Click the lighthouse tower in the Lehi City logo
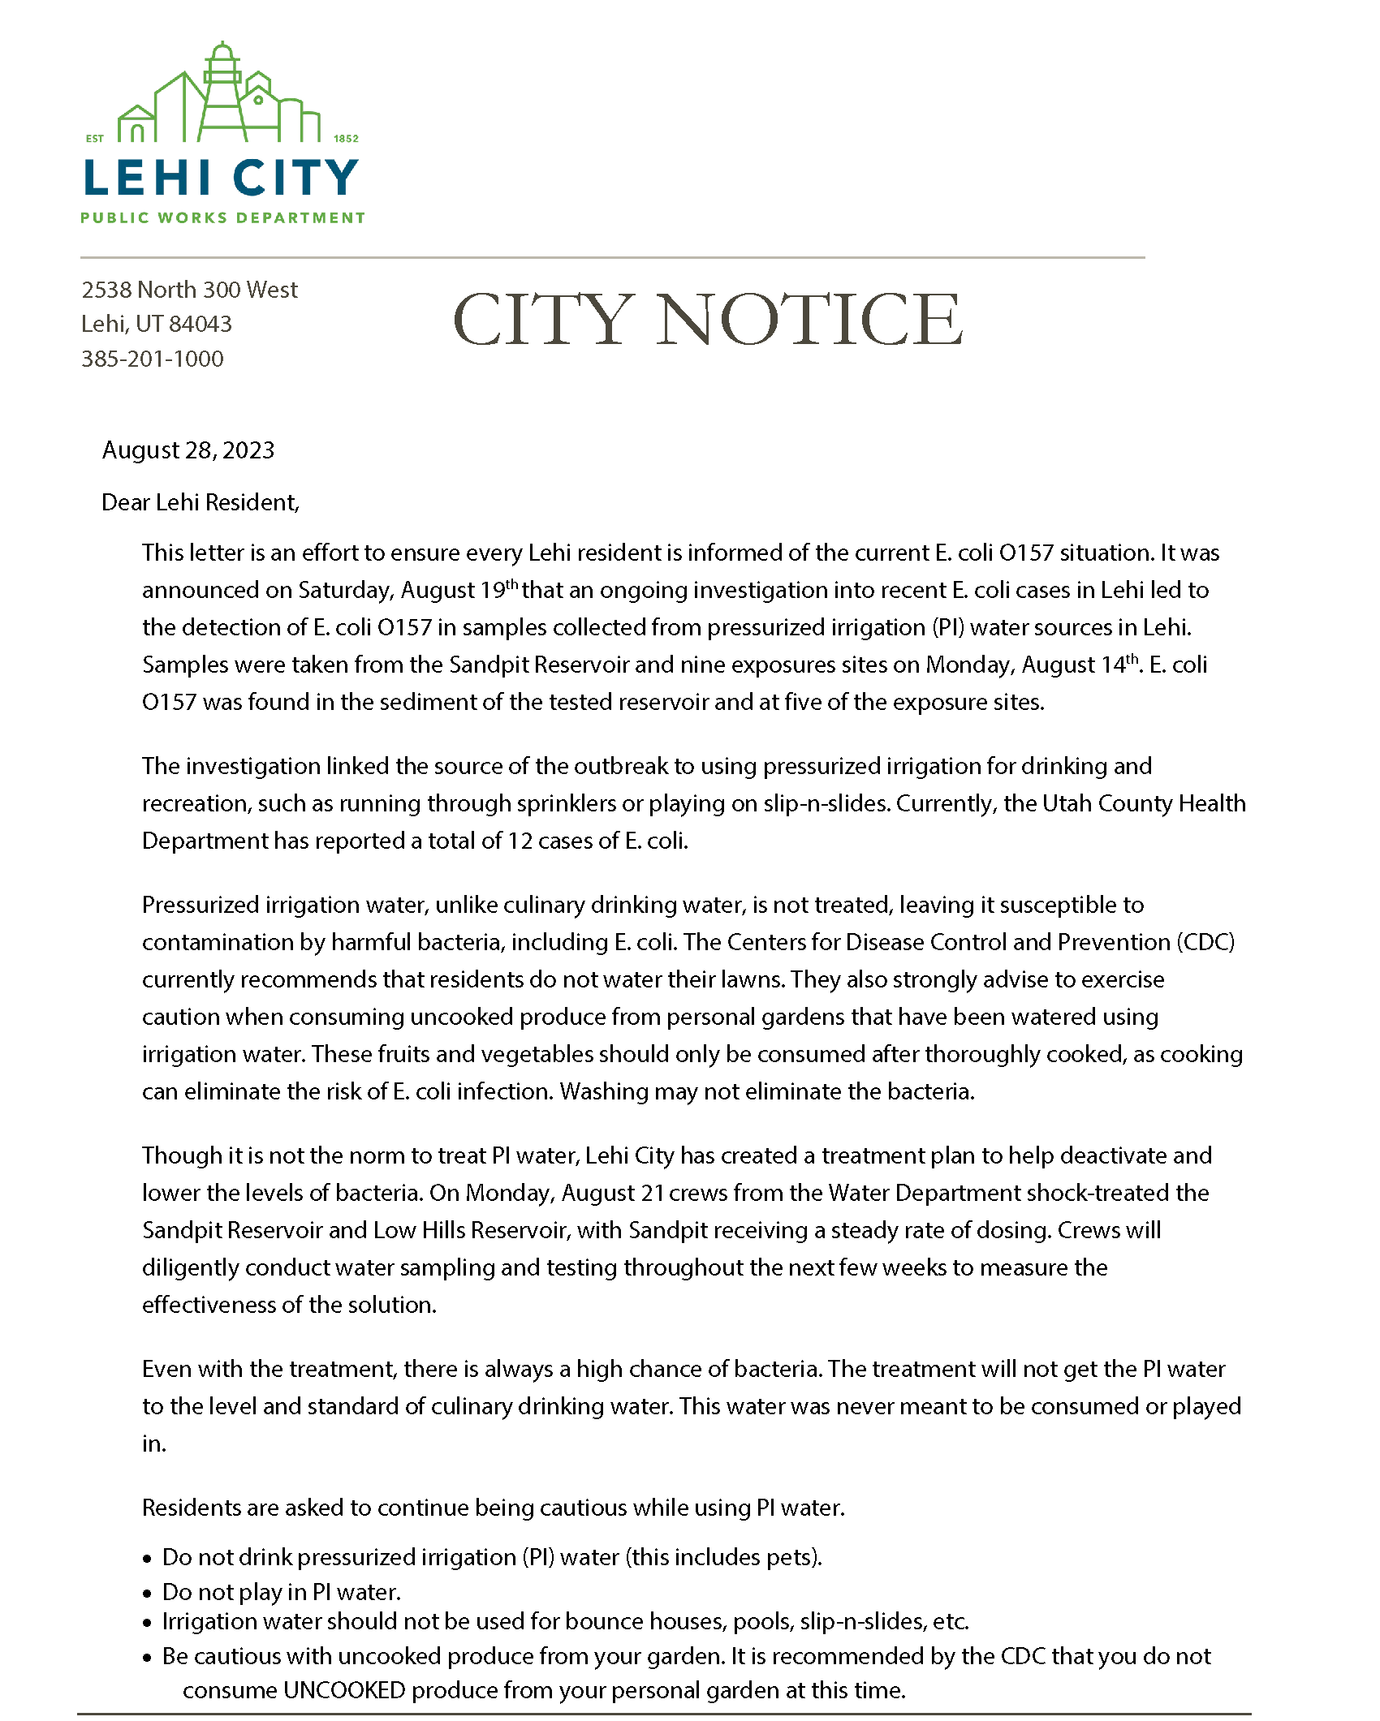[x=222, y=93]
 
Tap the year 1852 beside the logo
[x=346, y=139]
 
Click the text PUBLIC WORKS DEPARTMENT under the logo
[x=222, y=217]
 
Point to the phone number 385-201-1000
[x=153, y=359]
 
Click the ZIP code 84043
[x=201, y=324]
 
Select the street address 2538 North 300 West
[x=189, y=290]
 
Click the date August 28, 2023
[x=188, y=450]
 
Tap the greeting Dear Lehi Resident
[x=200, y=502]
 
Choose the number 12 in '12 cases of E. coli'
[x=520, y=841]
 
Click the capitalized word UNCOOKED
[x=344, y=1690]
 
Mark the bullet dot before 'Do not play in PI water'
[x=147, y=1594]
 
